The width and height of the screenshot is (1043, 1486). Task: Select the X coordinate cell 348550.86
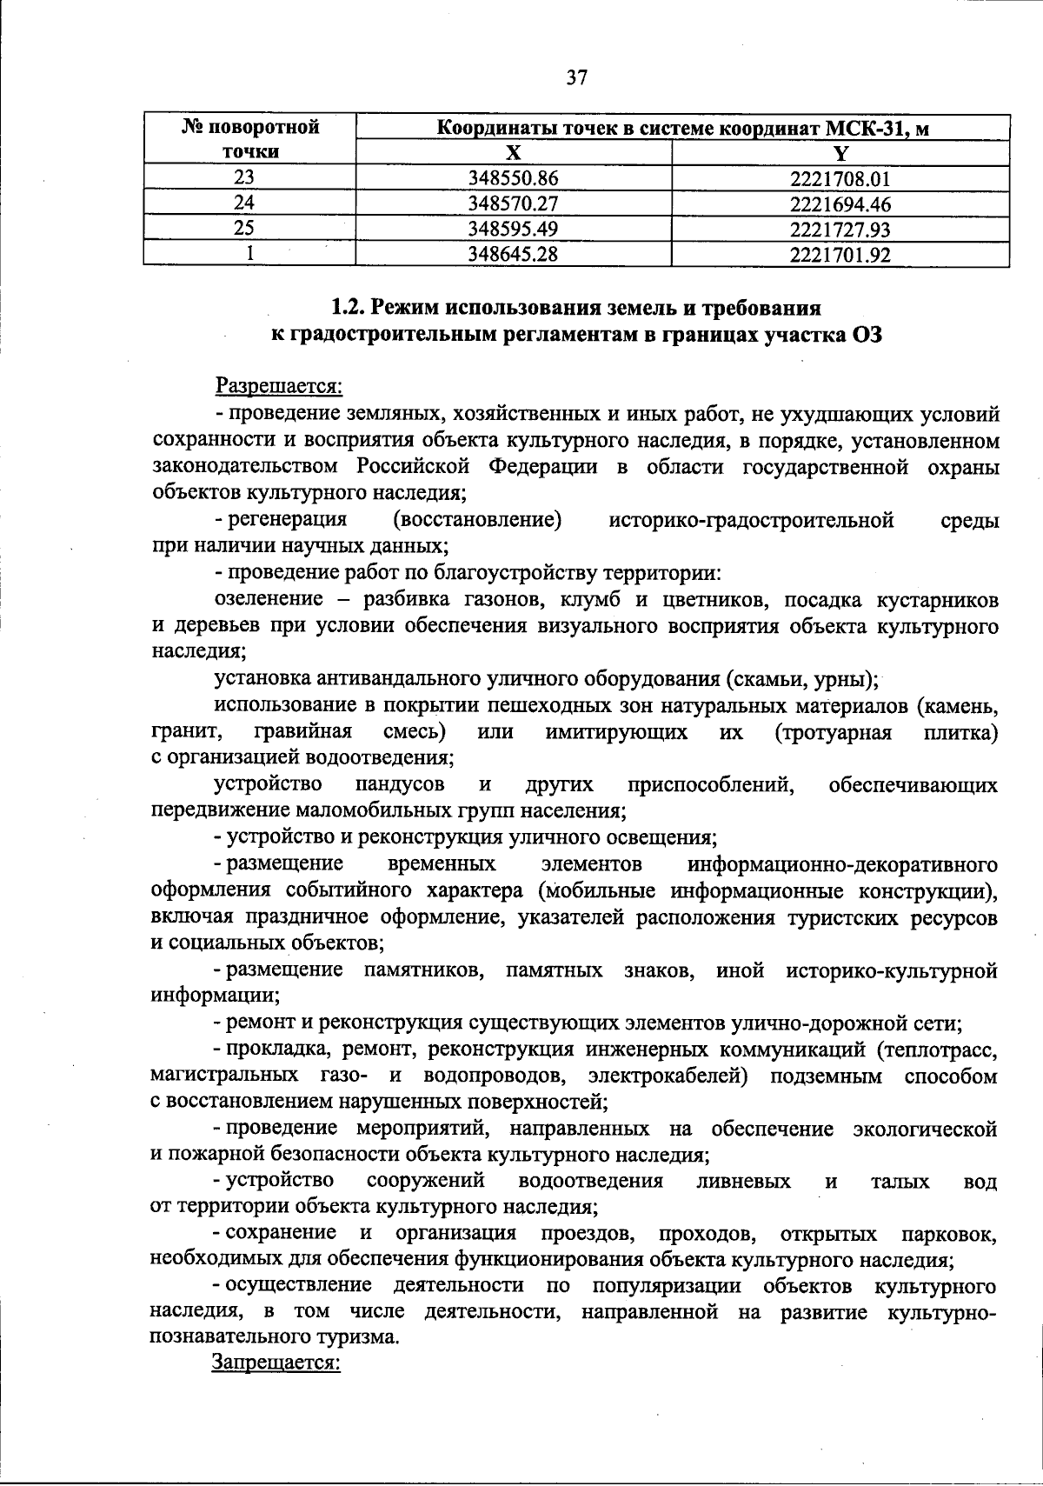point(513,179)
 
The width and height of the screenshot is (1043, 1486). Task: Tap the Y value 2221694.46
point(840,204)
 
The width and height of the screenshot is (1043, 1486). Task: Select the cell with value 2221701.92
point(840,255)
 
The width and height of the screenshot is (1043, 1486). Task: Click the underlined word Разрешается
point(279,384)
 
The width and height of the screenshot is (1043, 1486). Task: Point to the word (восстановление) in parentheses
point(477,520)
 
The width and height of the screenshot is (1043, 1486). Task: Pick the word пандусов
point(401,784)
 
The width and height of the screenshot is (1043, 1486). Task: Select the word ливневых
point(744,1181)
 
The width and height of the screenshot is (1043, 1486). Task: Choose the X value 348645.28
point(513,255)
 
